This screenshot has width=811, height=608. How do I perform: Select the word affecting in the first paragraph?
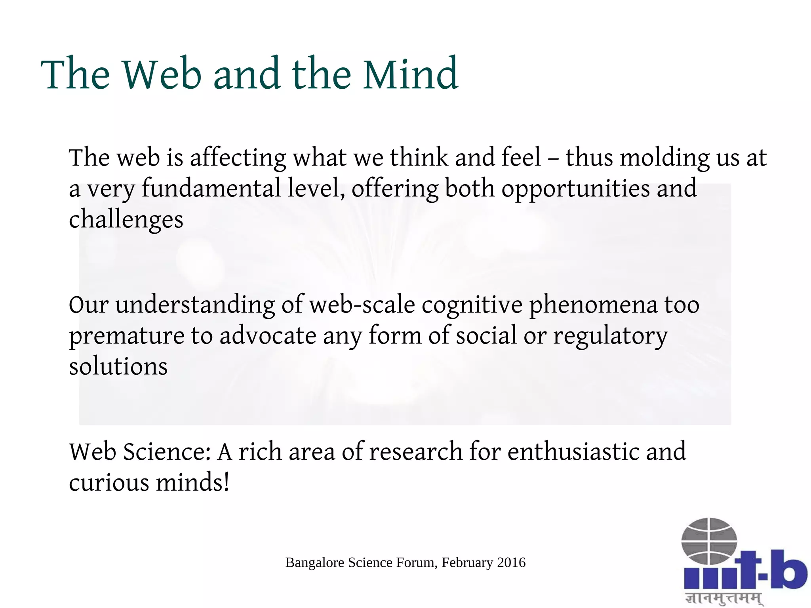coord(238,158)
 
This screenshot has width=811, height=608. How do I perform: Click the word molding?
coord(665,158)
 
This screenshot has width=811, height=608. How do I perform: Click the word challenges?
coord(126,220)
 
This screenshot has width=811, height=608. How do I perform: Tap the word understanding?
coord(195,305)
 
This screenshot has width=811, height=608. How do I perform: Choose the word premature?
coord(126,337)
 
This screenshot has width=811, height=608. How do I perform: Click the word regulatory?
coord(610,337)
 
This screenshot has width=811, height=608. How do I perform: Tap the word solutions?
coord(118,366)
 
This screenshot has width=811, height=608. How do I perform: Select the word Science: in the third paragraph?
coord(167,452)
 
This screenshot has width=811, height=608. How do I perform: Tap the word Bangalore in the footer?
coord(315,563)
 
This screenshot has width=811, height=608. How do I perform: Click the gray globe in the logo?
coord(709,541)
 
